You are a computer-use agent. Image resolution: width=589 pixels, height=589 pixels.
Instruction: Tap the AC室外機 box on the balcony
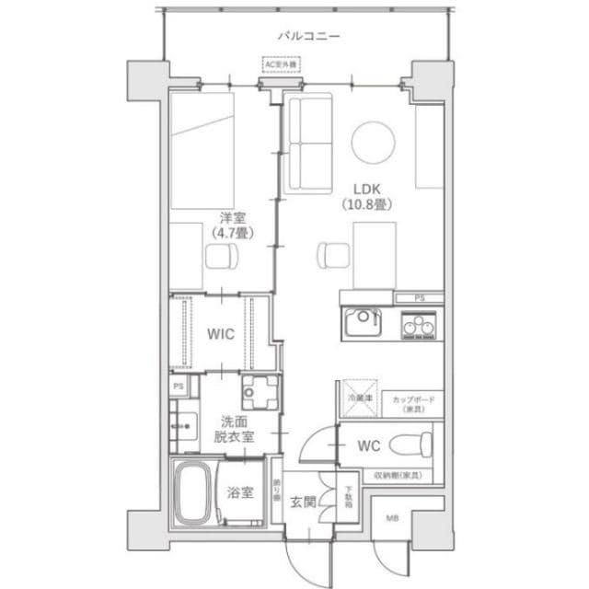pyautogui.click(x=280, y=64)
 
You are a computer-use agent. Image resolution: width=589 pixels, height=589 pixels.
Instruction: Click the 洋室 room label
pyautogui.click(x=230, y=219)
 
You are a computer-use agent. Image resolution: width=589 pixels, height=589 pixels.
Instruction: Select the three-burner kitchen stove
pyautogui.click(x=419, y=325)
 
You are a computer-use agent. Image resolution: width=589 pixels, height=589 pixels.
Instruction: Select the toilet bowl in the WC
pyautogui.click(x=410, y=445)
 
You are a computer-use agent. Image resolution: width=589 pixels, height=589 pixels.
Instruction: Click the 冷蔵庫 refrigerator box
pyautogui.click(x=360, y=398)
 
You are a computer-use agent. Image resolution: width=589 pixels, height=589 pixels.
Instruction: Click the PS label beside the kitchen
pyautogui.click(x=419, y=298)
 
